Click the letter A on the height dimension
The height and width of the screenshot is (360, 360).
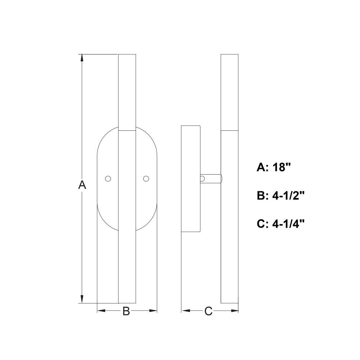(82, 185)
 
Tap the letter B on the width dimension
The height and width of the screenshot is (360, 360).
(126, 311)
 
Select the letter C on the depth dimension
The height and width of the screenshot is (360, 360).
(208, 311)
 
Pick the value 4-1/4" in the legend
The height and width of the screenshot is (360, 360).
(288, 224)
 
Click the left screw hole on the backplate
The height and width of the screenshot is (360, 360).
(108, 179)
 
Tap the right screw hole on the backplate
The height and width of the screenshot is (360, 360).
(146, 179)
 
